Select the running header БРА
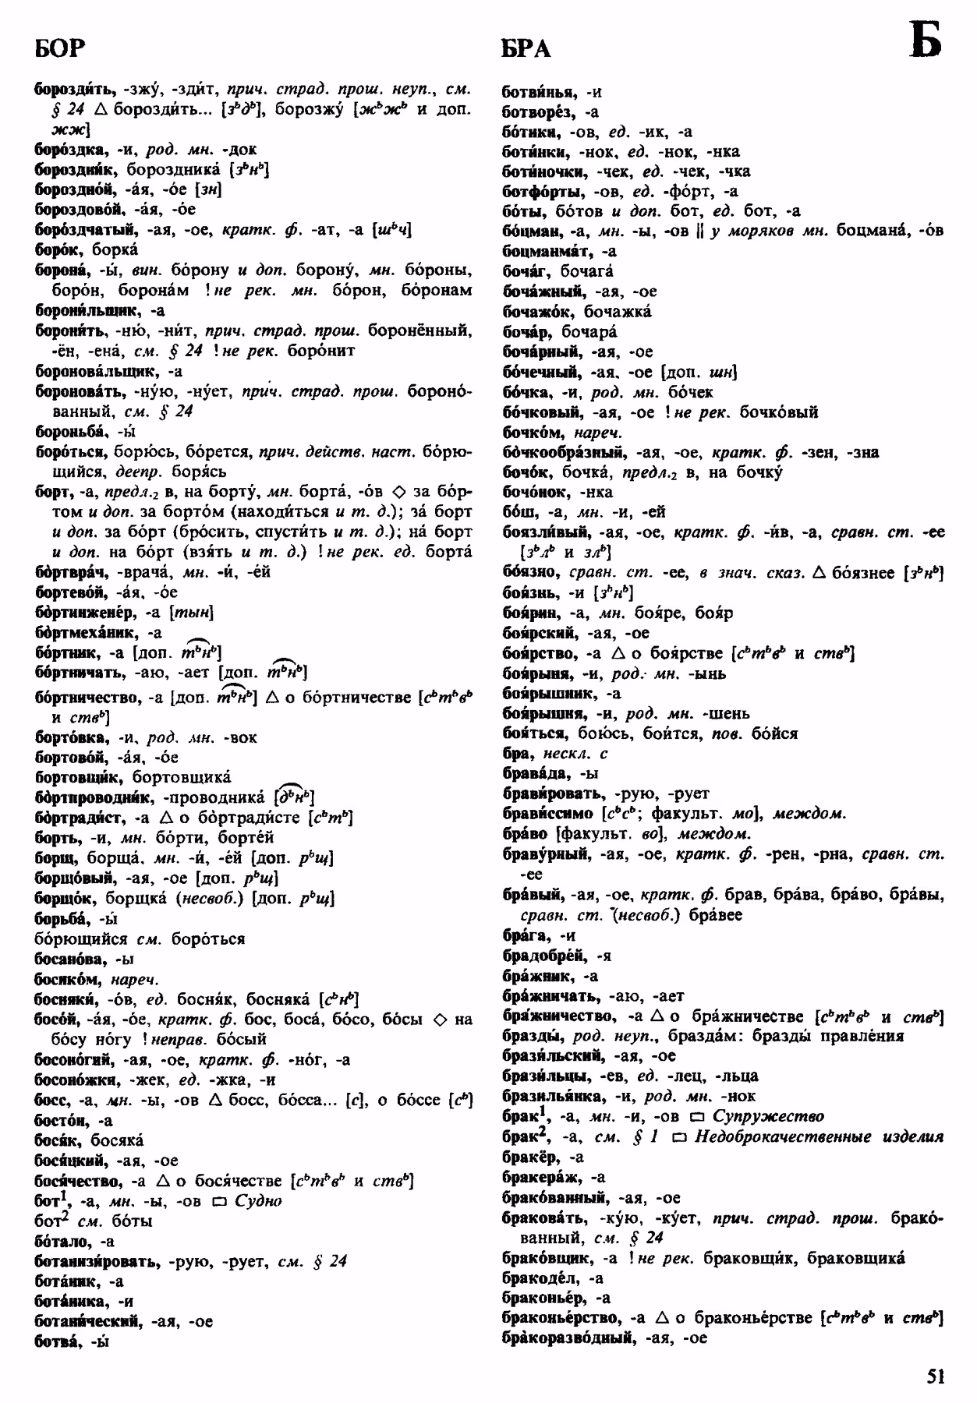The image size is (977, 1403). pyautogui.click(x=526, y=48)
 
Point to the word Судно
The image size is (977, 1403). pyautogui.click(x=257, y=1200)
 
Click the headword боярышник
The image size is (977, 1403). pyautogui.click(x=543, y=693)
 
